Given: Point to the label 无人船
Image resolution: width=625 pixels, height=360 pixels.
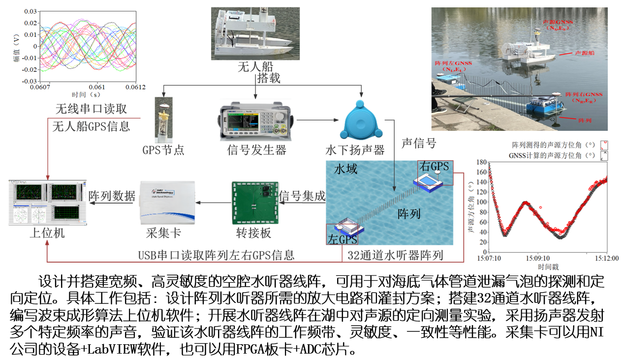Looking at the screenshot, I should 255,67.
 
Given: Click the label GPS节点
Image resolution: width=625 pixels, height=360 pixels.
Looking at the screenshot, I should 163,150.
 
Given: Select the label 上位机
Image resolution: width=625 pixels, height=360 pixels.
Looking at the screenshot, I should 47,233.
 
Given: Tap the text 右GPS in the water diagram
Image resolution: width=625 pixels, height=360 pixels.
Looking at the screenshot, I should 434,166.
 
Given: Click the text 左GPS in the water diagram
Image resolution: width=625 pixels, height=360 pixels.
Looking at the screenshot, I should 342,239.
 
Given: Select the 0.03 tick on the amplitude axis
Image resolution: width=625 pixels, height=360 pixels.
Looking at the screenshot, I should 31,11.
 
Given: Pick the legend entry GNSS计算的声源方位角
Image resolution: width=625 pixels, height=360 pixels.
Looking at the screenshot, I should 551,155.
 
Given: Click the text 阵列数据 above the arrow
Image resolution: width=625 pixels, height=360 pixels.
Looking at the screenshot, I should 112,196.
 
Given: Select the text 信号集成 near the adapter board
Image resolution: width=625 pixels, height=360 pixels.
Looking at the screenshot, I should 302,196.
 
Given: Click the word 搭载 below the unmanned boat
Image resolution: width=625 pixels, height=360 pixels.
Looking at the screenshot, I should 269,78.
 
